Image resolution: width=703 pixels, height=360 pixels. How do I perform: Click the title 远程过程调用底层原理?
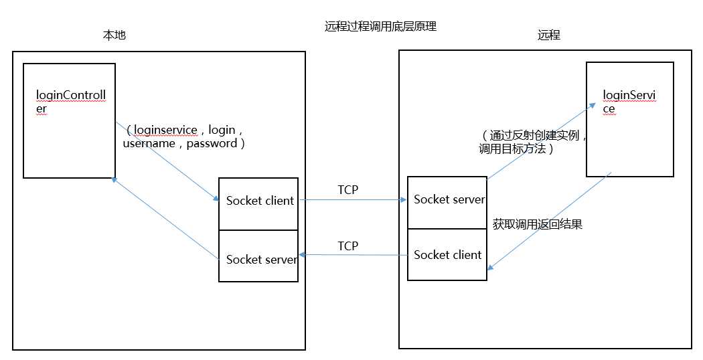[x=380, y=27]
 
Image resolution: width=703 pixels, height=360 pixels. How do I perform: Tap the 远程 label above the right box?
[x=548, y=35]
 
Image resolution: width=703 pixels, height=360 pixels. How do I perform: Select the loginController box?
[x=69, y=120]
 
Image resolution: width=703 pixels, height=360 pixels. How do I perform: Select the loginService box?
[x=629, y=119]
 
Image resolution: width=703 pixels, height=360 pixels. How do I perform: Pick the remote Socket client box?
[x=447, y=255]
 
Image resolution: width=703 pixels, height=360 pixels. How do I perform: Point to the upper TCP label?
[x=347, y=190]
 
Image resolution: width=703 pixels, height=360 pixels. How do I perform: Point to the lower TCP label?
[x=347, y=246]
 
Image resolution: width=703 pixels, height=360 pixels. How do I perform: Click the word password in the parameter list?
[x=211, y=143]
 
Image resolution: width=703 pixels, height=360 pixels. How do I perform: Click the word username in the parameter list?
[x=149, y=143]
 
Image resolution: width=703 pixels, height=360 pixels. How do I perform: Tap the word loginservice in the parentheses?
[x=166, y=130]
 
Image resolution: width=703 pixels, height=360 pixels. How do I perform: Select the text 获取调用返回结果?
[x=537, y=224]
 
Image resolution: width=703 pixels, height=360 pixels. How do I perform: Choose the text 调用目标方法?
[x=513, y=149]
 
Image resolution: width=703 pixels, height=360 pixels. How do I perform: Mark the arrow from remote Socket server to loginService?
[x=541, y=141]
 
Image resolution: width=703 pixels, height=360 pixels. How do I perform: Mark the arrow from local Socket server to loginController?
[x=166, y=218]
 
